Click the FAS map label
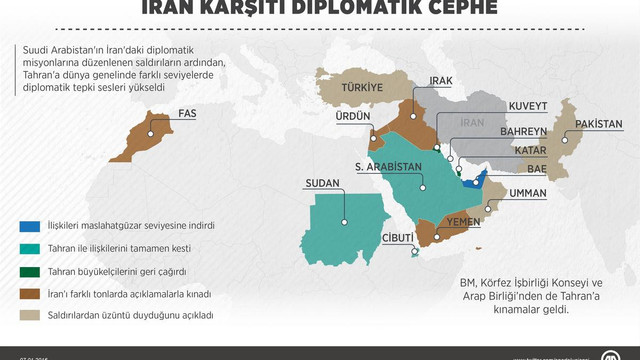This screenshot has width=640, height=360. pos(186,113)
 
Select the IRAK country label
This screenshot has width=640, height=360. pos(445,80)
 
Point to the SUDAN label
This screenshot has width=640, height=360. pos(323,184)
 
